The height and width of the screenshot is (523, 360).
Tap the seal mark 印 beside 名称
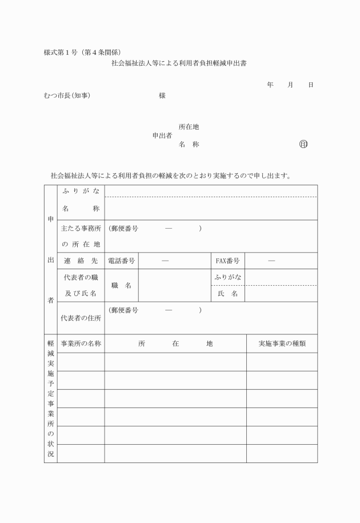tap(303, 144)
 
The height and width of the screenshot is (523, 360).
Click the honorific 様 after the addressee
tap(162, 95)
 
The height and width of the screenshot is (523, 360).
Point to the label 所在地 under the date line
tap(189, 127)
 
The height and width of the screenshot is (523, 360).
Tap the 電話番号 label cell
tap(121, 261)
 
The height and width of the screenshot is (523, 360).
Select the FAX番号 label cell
tap(227, 261)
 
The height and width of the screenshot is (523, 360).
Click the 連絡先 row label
tap(81, 261)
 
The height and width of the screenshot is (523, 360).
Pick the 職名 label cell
tap(121, 285)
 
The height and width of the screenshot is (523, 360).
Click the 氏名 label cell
tap(227, 294)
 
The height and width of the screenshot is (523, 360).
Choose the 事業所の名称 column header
tap(81, 344)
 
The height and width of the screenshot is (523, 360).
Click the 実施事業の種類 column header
tap(282, 344)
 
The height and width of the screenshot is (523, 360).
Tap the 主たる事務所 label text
tap(81, 229)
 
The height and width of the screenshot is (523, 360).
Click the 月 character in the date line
tap(290, 85)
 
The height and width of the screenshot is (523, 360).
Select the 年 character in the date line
tap(270, 85)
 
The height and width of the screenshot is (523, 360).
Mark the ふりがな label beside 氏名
tap(227, 277)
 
